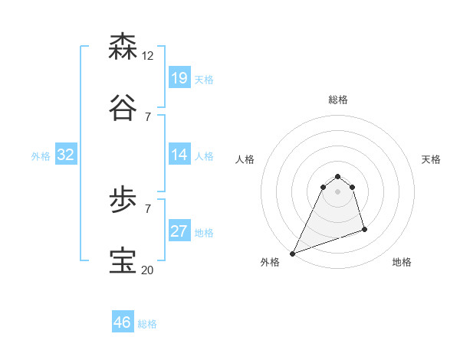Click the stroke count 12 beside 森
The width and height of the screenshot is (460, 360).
pyautogui.click(x=148, y=56)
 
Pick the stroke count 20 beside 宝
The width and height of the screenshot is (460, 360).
pyautogui.click(x=148, y=270)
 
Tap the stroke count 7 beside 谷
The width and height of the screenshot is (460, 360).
pyautogui.click(x=148, y=116)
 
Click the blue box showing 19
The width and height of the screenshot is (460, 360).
pyautogui.click(x=179, y=78)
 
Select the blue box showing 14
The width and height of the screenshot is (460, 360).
pyautogui.click(x=179, y=155)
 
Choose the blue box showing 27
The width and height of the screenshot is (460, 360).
pyautogui.click(x=179, y=231)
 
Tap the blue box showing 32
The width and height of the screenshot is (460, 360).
pyautogui.click(x=66, y=155)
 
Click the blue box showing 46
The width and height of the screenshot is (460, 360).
pyautogui.click(x=123, y=322)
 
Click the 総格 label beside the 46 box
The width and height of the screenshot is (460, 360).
pyautogui.click(x=147, y=324)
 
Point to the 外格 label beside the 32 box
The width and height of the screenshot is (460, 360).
pyautogui.click(x=41, y=156)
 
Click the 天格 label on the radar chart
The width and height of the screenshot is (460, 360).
pyautogui.click(x=431, y=159)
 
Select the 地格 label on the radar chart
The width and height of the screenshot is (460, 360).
pyautogui.click(x=402, y=262)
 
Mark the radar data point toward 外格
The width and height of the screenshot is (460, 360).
pyautogui.click(x=292, y=254)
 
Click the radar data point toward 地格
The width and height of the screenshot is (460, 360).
pyautogui.click(x=364, y=229)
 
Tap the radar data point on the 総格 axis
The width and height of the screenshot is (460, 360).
pyautogui.click(x=337, y=177)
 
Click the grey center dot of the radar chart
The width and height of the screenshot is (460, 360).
pyautogui.click(x=337, y=191)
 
